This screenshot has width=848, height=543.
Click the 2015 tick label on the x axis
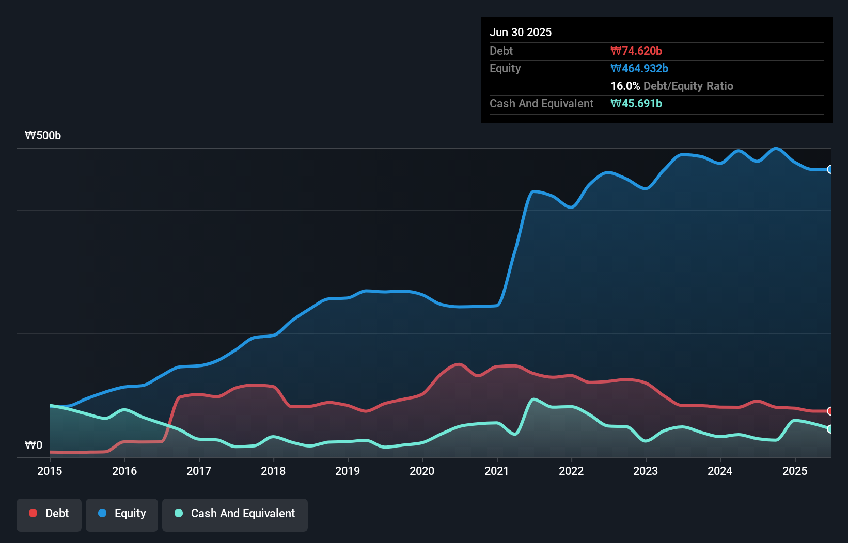point(50,471)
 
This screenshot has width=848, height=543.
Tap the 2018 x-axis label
point(273,471)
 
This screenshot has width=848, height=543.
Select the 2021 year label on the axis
point(496,471)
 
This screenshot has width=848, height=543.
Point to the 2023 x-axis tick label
point(646,471)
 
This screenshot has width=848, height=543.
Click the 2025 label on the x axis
point(795,471)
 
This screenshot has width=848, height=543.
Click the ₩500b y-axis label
point(43,136)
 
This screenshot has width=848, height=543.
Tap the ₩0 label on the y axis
point(34,445)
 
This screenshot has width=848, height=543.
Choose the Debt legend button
point(49,514)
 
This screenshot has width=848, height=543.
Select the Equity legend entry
point(122,514)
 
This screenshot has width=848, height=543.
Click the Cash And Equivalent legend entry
point(235,514)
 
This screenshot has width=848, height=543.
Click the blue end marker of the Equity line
point(830,169)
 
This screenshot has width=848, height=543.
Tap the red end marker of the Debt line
point(830,411)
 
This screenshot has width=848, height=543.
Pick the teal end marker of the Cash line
point(830,429)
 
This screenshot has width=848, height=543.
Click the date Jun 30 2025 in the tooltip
point(521,32)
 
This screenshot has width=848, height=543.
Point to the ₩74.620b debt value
point(636,51)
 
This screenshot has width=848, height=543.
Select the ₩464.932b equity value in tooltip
point(639,68)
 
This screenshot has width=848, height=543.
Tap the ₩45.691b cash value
point(636,103)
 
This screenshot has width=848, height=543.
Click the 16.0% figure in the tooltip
point(625,86)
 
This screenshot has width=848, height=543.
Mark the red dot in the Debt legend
point(33,513)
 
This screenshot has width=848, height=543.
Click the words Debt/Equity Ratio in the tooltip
point(688,86)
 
